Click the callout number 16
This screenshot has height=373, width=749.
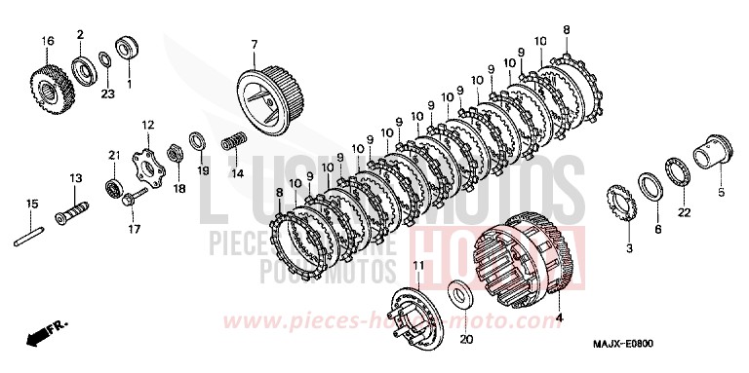coord(46,40)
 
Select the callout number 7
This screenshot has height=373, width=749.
coord(254,45)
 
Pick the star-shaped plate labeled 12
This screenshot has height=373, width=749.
coord(147,174)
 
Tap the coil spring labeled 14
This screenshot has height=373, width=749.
coord(234,142)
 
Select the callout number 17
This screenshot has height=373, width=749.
coord(135,230)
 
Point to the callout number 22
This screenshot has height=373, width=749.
coord(684,212)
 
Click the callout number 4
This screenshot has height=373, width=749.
coord(559,317)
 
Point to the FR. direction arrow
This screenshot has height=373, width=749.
coord(38,337)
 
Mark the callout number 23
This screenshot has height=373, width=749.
coord(107,93)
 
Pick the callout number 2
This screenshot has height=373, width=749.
coord(80,35)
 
